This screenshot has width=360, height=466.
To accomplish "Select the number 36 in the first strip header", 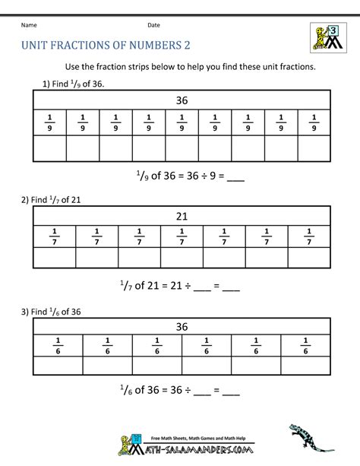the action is (182, 100).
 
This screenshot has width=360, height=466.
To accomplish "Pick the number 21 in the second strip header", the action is (182, 216).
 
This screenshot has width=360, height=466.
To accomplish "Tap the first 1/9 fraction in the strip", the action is (49, 122).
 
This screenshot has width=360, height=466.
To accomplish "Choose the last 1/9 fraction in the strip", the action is (314, 122).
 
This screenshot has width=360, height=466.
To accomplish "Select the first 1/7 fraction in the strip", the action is (55, 236).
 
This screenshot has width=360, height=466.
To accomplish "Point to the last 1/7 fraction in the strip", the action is (308, 236).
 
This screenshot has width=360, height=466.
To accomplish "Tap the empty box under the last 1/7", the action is (308, 258).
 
